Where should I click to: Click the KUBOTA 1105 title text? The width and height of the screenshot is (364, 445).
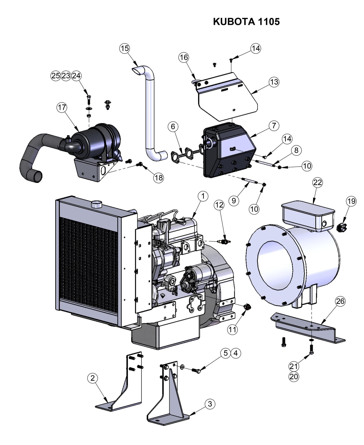tap(246, 22)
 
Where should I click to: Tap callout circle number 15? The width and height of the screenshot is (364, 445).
tap(124, 48)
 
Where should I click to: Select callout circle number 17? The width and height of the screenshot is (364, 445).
tap(62, 107)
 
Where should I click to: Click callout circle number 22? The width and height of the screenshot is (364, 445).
tap(317, 182)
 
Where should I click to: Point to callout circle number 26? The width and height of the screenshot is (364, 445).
tap(340, 301)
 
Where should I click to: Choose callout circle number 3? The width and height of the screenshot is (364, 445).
tap(210, 404)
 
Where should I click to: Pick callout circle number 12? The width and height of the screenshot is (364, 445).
tap(219, 205)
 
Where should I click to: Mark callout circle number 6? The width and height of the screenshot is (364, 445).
tap(173, 126)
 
